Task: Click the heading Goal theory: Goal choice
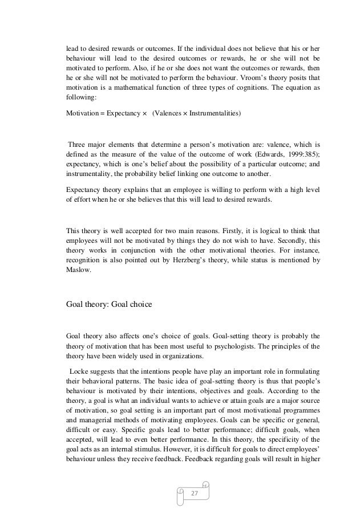pos(109,304)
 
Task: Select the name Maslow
pos(80,273)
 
